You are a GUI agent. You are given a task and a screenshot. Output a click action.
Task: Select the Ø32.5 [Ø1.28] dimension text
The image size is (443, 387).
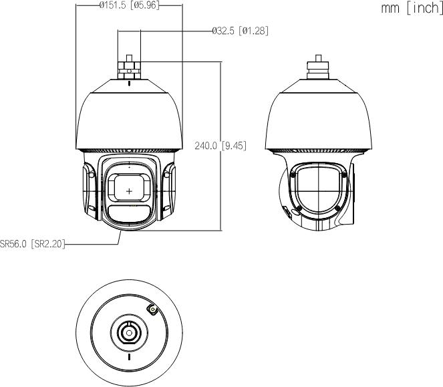(240, 31)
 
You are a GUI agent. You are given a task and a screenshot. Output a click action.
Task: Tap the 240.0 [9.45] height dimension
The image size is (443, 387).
(220, 146)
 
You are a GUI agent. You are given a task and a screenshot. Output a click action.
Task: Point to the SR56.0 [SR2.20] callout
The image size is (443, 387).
(32, 245)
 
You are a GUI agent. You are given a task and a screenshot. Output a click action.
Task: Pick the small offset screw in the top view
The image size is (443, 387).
(152, 309)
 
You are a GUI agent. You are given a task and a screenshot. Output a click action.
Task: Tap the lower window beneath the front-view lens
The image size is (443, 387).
(129, 215)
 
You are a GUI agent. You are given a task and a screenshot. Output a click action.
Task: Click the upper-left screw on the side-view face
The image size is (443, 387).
(293, 173)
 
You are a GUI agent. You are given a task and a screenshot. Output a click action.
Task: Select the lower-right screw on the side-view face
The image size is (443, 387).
(339, 209)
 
